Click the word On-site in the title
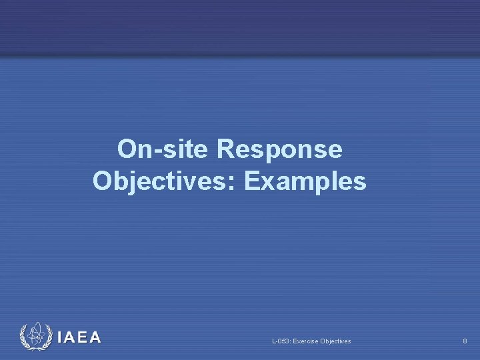point(163,149)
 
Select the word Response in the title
point(279,149)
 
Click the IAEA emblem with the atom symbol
point(35,337)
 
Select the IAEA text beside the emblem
point(79,337)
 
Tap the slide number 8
point(465,341)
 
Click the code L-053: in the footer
point(281,341)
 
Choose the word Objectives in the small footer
point(335,341)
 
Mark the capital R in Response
point(225,149)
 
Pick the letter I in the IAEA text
point(61,337)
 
